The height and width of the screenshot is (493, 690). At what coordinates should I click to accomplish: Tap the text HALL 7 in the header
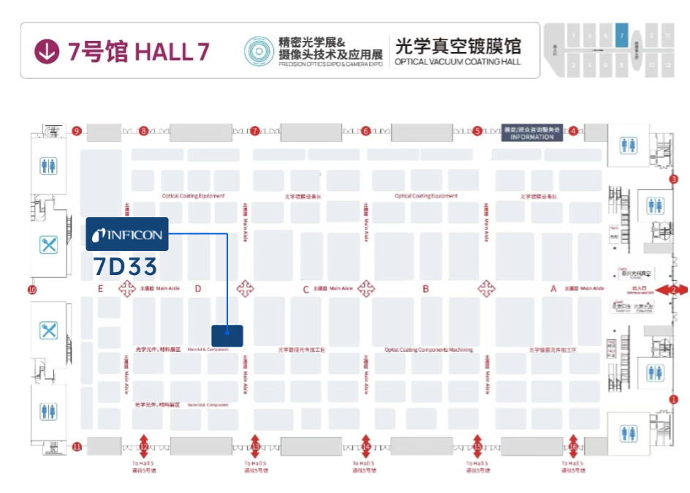click(x=172, y=51)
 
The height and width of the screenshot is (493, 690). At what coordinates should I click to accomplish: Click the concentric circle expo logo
click(x=258, y=51)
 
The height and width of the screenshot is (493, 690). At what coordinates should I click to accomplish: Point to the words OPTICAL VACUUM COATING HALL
click(x=458, y=62)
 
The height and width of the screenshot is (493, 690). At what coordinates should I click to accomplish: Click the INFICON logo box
click(x=127, y=235)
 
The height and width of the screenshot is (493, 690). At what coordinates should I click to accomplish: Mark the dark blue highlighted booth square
click(x=227, y=335)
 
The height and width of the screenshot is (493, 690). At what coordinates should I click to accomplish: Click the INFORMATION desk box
click(x=532, y=132)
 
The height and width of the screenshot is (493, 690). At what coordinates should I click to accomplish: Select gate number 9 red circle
click(x=77, y=132)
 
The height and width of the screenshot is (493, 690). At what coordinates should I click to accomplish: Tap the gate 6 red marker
click(x=365, y=132)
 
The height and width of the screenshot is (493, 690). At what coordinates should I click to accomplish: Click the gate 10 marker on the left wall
click(x=32, y=290)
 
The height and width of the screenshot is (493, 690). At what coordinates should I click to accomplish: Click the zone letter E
click(x=101, y=289)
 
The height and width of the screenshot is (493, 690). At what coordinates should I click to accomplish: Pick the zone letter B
click(x=425, y=289)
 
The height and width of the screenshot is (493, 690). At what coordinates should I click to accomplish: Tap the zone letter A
click(x=553, y=289)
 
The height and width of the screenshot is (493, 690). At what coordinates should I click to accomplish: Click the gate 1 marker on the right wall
click(x=674, y=399)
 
